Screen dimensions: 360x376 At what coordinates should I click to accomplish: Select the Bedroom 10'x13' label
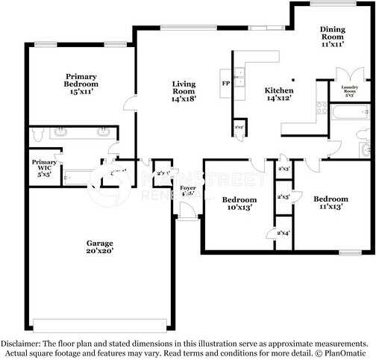pyautogui.click(x=239, y=203)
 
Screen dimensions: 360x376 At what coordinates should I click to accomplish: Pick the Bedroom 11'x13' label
pyautogui.click(x=330, y=202)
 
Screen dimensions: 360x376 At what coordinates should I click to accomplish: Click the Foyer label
pyautogui.click(x=189, y=191)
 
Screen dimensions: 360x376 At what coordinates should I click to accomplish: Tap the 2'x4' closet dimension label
pyautogui.click(x=284, y=234)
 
